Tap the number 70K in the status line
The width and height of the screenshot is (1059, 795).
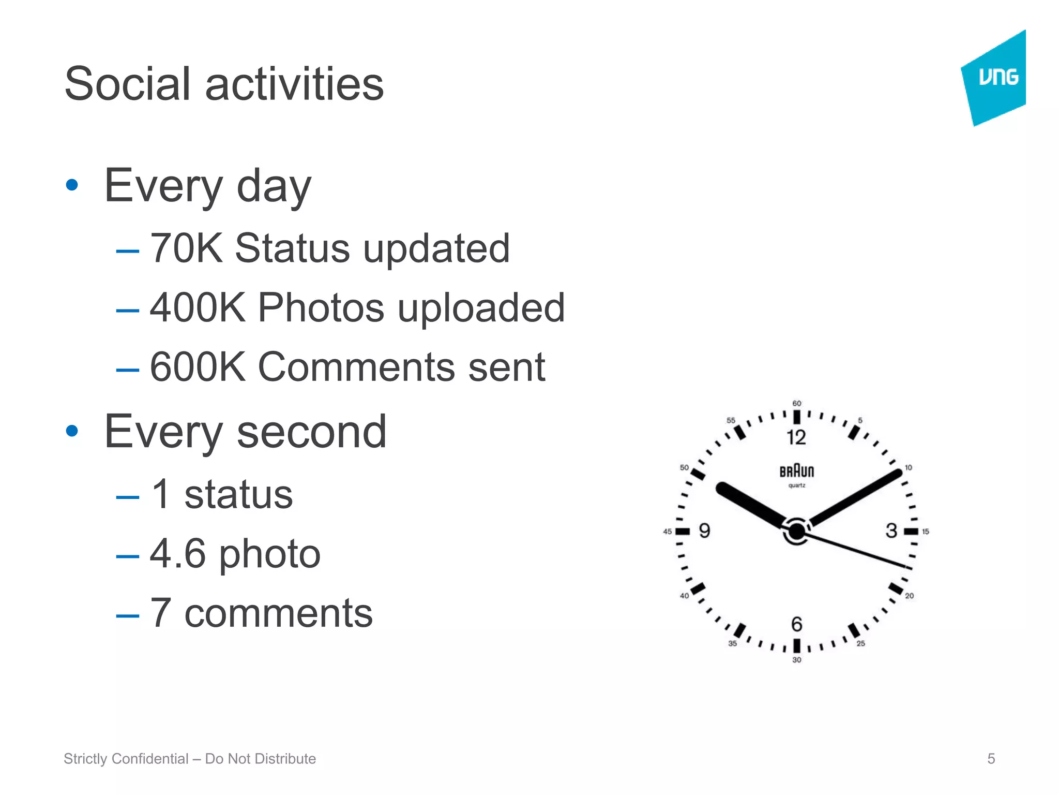coord(186,248)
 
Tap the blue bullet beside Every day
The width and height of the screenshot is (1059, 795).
coord(72,185)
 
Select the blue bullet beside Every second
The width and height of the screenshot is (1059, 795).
coord(72,431)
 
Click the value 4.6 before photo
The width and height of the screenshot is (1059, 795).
coord(177,554)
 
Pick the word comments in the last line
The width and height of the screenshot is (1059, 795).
coord(278,613)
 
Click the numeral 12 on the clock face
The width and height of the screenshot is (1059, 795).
coord(796,437)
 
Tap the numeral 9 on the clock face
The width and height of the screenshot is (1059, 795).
coord(704,531)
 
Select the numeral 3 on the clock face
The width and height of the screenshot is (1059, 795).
coord(891,531)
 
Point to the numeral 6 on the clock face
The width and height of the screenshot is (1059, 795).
coord(797,624)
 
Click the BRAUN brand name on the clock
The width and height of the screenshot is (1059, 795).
coord(797,471)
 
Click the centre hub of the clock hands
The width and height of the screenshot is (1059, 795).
coord(797,531)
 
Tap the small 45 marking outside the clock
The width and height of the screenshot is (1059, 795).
coord(668,532)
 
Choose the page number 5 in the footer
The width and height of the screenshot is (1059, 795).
coord(991,759)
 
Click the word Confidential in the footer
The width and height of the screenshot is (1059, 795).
coord(150,759)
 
